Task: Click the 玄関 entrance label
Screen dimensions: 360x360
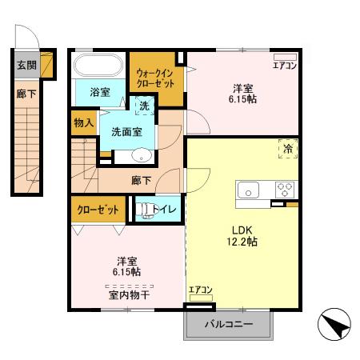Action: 26,66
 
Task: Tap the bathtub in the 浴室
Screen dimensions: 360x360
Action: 97,66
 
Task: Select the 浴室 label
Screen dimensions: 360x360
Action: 100,93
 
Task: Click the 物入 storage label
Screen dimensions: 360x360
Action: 84,122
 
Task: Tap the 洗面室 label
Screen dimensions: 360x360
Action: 126,131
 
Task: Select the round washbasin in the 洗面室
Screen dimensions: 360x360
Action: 141,156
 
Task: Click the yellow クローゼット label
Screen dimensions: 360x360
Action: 98,210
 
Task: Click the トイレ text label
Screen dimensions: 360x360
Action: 166,210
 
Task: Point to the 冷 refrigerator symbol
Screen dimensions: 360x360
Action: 286,147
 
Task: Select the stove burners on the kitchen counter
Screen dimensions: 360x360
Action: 284,190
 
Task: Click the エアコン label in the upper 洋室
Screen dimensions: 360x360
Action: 285,66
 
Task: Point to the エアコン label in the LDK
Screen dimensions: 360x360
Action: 200,290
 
